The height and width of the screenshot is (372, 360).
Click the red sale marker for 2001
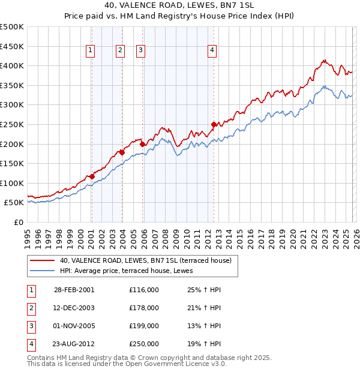tap(92, 176)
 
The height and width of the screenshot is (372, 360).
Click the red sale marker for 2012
tap(214, 124)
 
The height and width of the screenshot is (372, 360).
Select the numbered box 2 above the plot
tap(120, 50)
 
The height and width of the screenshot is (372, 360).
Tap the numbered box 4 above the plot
tap(212, 50)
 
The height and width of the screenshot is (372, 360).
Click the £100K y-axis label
tap(13, 183)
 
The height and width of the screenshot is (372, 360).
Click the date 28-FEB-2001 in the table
tap(74, 290)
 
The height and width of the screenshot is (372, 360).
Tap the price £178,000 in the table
tap(144, 308)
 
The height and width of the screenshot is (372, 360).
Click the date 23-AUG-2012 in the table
tap(74, 344)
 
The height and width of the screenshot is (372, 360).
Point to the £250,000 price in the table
tap(144, 344)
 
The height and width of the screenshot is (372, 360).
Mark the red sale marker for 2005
tap(142, 144)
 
